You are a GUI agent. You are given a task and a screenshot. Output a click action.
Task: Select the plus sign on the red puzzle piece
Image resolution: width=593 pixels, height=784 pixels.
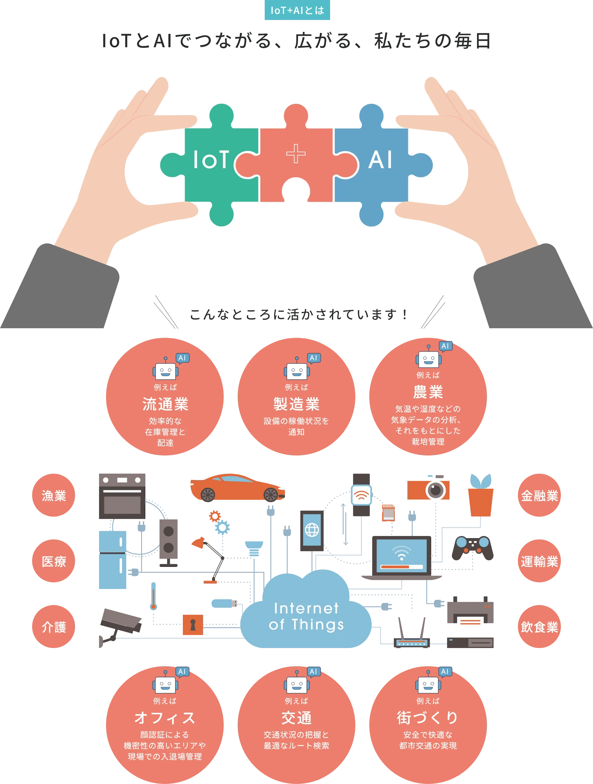tap(296, 154)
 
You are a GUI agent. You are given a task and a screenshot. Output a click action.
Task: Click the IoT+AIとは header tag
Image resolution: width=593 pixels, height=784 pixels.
tap(297, 11)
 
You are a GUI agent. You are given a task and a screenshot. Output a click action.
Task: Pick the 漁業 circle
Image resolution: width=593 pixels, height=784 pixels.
tap(54, 495)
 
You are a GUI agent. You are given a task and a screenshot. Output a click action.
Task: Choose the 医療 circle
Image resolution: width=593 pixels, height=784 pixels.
tap(54, 561)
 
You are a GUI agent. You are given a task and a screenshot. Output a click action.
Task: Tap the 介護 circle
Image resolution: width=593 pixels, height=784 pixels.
tap(54, 627)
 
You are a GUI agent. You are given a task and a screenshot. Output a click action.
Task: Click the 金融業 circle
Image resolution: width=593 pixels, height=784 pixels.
tap(539, 495)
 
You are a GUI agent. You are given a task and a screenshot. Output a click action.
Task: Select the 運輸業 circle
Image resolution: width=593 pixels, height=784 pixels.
tap(539, 561)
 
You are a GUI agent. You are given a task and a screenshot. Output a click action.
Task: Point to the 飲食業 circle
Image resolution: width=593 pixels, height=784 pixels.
tap(539, 627)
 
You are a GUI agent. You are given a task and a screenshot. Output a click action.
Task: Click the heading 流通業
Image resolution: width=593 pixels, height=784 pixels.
tap(165, 404)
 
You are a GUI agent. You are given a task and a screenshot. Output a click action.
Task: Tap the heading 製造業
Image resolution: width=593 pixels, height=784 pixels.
tap(296, 404)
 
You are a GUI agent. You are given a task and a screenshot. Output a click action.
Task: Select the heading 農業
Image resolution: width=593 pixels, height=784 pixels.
tap(428, 392)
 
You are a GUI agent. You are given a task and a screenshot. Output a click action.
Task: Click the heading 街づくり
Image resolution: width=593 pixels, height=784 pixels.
tap(428, 718)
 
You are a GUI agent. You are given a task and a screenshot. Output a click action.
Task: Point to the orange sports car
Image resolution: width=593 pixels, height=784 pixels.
tap(237, 487)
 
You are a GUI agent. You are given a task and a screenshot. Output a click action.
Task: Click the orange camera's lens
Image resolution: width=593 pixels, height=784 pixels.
tap(435, 490)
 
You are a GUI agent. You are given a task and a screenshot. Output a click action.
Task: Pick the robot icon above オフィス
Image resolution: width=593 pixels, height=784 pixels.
tap(165, 684)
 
